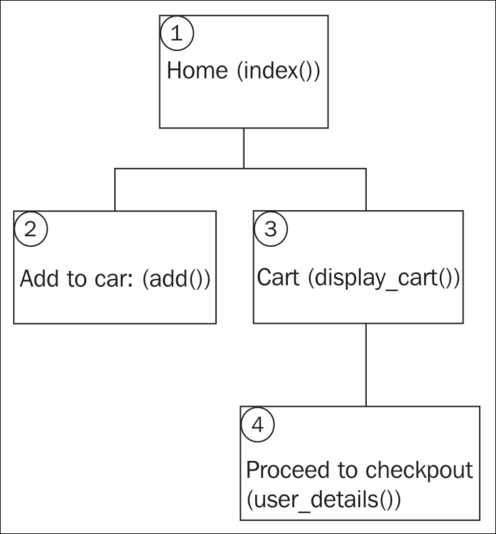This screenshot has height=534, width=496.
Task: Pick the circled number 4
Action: (258, 425)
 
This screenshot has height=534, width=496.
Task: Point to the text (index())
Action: (278, 71)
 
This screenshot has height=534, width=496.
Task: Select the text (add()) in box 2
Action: (176, 279)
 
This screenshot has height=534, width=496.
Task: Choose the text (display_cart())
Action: (384, 279)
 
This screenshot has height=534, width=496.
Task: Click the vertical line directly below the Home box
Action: (244, 148)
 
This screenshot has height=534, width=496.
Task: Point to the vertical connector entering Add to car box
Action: (116, 190)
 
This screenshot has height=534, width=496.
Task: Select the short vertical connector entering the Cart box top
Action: (365, 190)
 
